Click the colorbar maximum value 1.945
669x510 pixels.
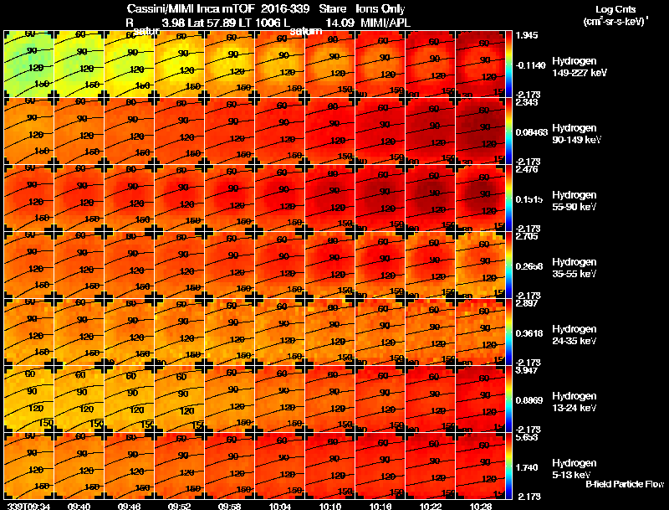pyautogui.click(x=527, y=34)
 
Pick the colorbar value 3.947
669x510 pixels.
pyautogui.click(x=527, y=369)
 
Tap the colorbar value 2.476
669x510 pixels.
pyautogui.click(x=527, y=169)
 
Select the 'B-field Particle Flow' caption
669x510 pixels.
pyautogui.click(x=624, y=484)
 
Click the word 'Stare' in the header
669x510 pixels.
pyautogui.click(x=332, y=9)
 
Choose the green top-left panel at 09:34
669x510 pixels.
pyautogui.click(x=28, y=62)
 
